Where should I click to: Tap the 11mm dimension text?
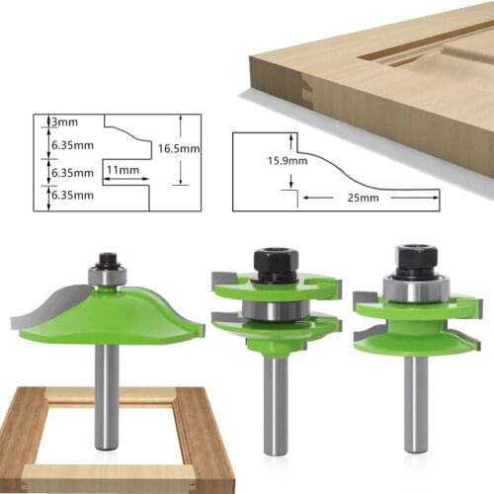[x=123, y=170]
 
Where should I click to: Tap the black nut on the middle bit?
[x=273, y=261]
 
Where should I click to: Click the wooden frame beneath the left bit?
[x=40, y=435]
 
